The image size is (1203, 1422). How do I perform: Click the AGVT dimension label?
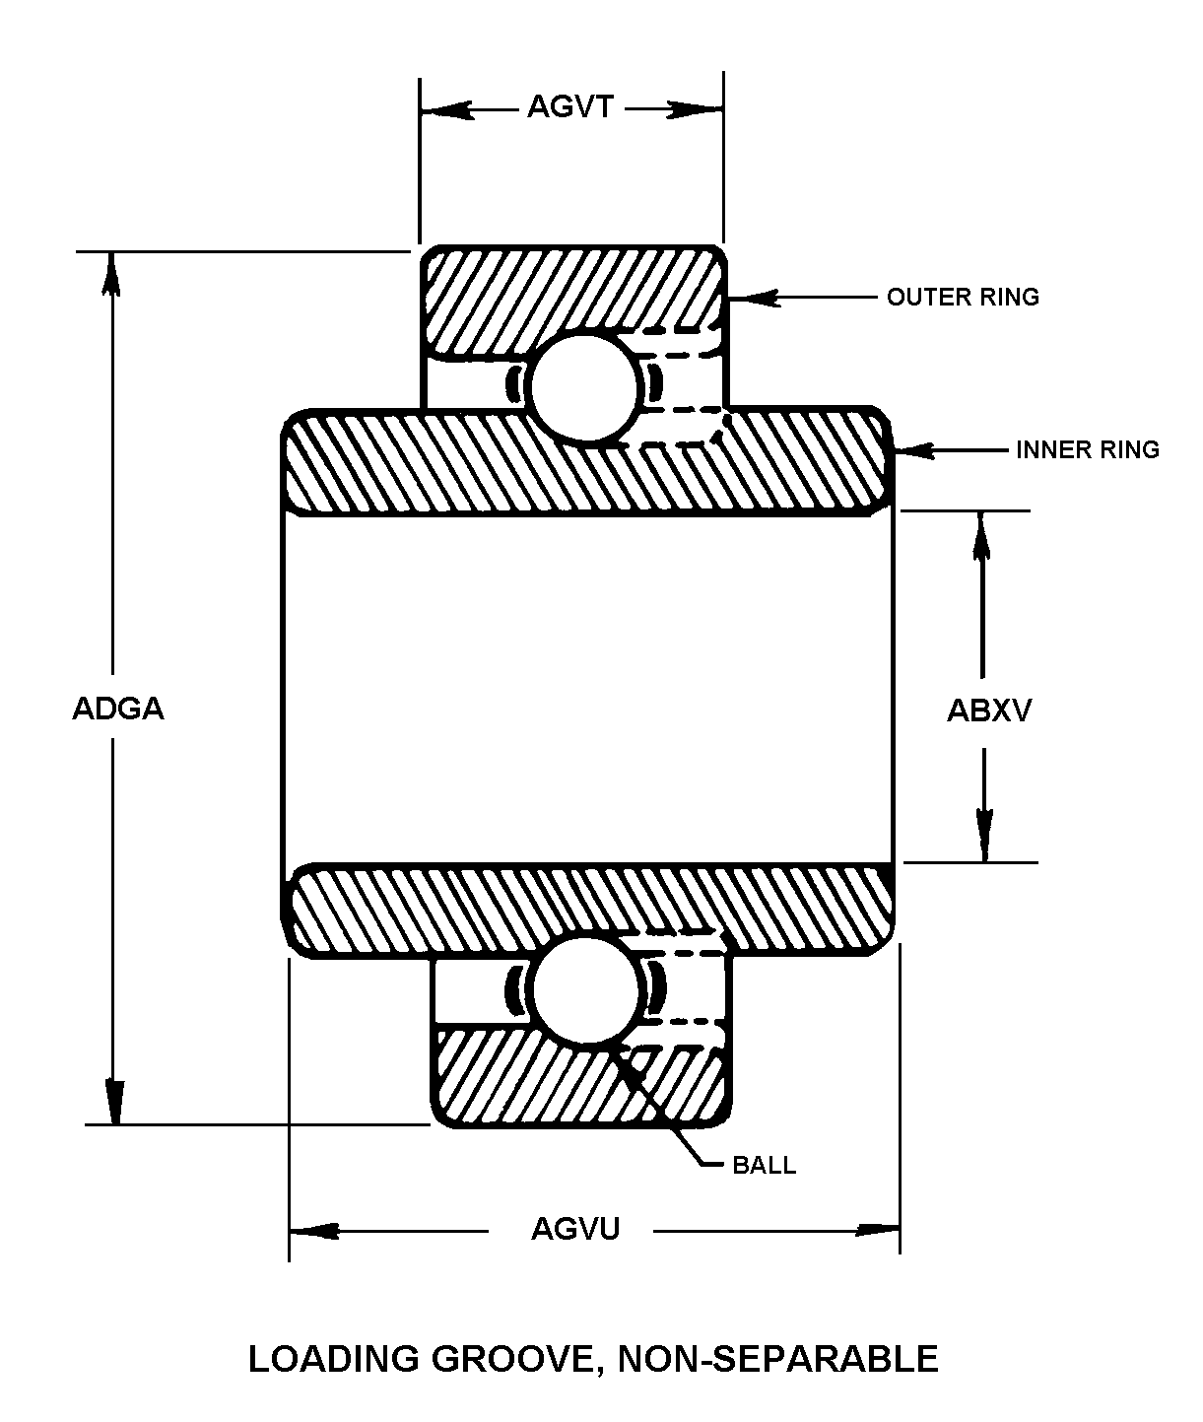570,106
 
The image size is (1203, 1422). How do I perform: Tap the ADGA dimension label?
117,709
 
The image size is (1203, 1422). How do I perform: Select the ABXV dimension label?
989,710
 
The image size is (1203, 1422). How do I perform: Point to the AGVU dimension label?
575,1229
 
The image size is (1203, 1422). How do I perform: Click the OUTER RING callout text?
963,297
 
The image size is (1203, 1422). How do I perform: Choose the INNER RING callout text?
1088,450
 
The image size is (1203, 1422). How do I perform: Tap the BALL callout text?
764,1165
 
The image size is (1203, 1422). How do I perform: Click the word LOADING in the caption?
332,1359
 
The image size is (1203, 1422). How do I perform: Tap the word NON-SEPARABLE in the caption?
778,1359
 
